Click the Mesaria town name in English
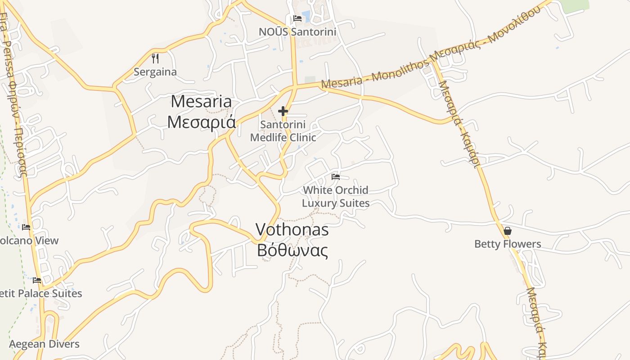(201, 101)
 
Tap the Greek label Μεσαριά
(201, 121)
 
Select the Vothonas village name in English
(292, 230)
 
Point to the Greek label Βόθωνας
(292, 250)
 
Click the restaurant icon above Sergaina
(155, 58)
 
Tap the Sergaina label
(155, 72)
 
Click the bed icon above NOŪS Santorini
(297, 18)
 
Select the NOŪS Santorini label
(297, 32)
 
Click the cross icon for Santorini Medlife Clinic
(283, 111)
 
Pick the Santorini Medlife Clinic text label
(283, 130)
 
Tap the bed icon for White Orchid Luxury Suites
(336, 176)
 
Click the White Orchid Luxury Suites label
(336, 197)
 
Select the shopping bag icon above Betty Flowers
(508, 231)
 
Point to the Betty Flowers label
(508, 244)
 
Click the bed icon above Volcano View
(26, 227)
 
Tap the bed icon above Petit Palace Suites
(37, 280)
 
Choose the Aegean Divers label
(44, 344)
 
